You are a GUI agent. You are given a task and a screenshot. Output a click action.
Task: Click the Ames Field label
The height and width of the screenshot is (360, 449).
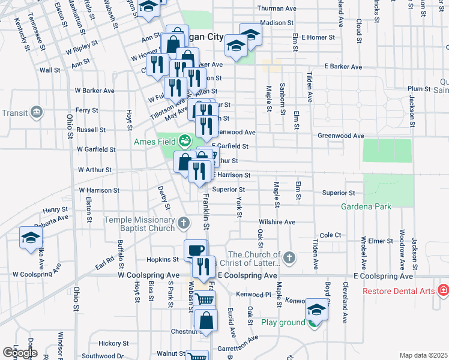point(154,142)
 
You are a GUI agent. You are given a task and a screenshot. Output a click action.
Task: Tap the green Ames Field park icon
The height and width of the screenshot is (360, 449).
point(185,142)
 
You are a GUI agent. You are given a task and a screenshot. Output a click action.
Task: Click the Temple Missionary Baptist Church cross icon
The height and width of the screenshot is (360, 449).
point(184,224)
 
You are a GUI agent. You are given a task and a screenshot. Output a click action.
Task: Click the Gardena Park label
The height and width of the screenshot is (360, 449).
point(366,206)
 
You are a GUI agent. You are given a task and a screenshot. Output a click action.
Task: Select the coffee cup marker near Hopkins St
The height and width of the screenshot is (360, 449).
point(194,250)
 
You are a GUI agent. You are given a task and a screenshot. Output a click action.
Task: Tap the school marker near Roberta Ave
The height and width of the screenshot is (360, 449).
point(31,237)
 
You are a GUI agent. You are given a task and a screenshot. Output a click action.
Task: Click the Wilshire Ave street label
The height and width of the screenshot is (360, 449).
point(277,221)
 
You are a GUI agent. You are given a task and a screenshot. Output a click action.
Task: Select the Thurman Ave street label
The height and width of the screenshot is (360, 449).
point(277,9)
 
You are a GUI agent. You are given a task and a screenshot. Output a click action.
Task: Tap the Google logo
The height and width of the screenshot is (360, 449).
point(20,352)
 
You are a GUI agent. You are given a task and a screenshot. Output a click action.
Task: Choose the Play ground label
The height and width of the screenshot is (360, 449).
point(283,322)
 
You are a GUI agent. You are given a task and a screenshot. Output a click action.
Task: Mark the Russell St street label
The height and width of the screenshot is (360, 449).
point(91,129)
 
